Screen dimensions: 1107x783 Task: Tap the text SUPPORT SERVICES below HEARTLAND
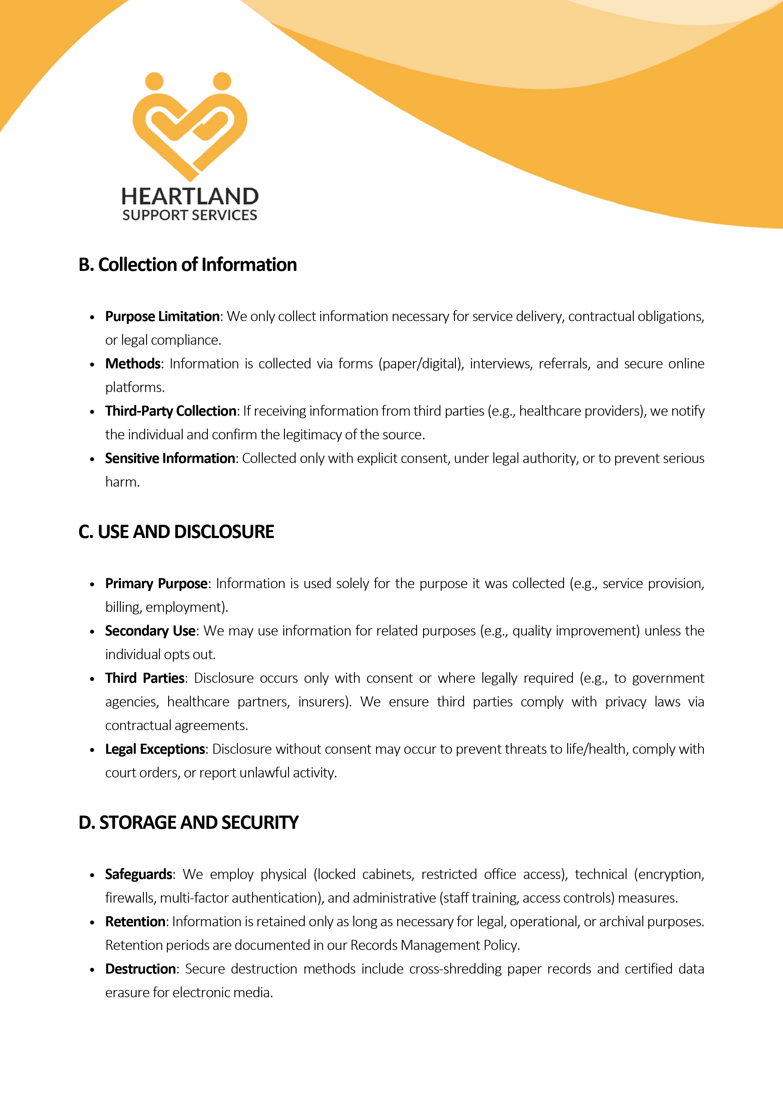[x=190, y=215]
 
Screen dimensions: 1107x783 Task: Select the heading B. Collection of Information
[x=188, y=265]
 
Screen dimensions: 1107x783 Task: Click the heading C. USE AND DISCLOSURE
[x=176, y=532]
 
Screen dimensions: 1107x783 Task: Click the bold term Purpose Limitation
[x=162, y=316]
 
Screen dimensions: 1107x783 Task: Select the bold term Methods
[x=132, y=364]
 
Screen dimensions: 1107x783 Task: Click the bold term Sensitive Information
[x=170, y=458]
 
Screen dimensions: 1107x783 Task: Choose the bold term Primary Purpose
[x=156, y=583]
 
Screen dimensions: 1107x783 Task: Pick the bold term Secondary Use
[x=150, y=631]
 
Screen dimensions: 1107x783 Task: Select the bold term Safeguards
[x=139, y=874]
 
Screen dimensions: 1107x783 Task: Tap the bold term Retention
[x=135, y=921]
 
